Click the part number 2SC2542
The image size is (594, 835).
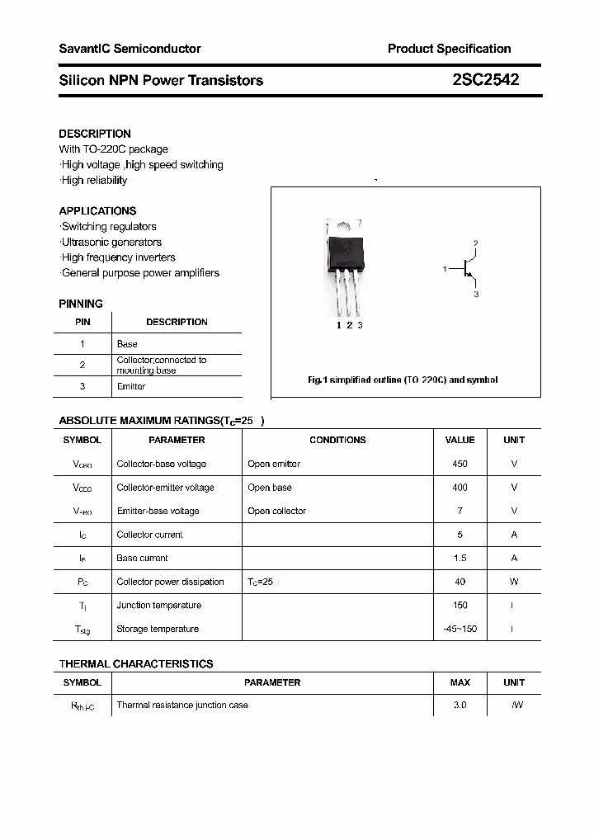click(x=485, y=80)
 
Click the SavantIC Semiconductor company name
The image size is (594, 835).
click(x=130, y=49)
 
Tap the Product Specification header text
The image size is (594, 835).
click(x=449, y=49)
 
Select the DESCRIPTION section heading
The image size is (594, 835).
click(x=95, y=134)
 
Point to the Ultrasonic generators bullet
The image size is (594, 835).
click(x=111, y=242)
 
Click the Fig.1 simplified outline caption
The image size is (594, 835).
click(x=402, y=380)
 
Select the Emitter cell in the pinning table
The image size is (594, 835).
click(x=131, y=386)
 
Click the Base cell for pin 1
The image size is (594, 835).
click(x=127, y=343)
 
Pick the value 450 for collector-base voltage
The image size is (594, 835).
click(x=460, y=464)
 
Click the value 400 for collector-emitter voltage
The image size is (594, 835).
click(x=460, y=488)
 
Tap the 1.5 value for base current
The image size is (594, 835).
click(x=460, y=558)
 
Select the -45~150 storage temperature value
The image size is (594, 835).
click(x=460, y=629)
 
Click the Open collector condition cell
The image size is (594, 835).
click(x=276, y=511)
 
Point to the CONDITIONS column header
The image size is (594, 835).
click(x=337, y=440)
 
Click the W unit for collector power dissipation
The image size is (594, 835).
click(x=514, y=582)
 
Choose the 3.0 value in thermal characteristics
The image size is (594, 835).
click(x=460, y=705)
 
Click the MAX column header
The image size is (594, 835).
click(x=460, y=682)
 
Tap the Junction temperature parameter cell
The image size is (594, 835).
click(x=158, y=605)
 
